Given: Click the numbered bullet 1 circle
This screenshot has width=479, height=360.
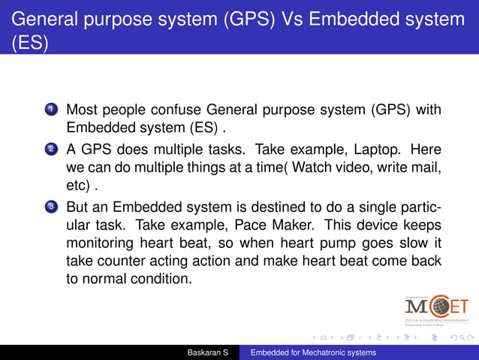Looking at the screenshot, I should pyautogui.click(x=51, y=111).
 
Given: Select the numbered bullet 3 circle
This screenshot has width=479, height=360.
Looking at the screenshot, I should pyautogui.click(x=51, y=205).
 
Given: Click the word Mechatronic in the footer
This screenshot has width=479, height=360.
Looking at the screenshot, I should pyautogui.click(x=324, y=352).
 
